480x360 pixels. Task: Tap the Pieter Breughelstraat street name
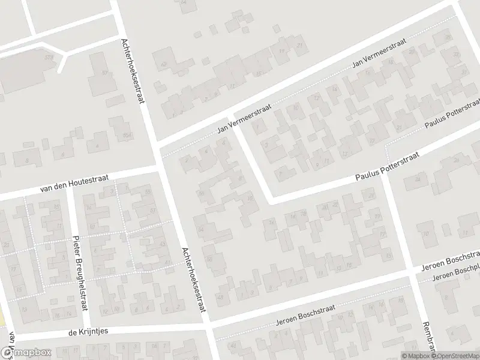80,274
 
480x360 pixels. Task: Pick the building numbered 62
163,65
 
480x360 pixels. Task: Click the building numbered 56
202,193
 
